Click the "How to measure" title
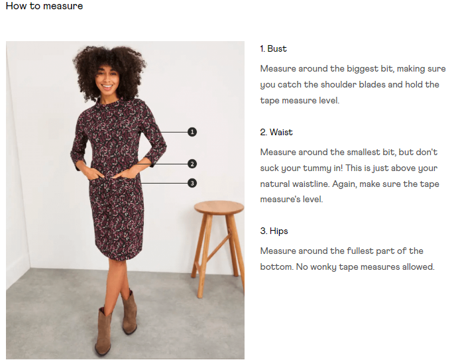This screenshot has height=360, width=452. tap(44, 6)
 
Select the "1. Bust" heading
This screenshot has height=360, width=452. tap(273, 48)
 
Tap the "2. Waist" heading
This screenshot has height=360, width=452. tap(276, 132)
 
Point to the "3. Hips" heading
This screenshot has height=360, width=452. tap(274, 231)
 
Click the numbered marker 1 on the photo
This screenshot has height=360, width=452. tap(192, 132)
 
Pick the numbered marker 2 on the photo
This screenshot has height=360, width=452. tap(192, 164)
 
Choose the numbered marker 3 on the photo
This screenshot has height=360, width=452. tap(192, 183)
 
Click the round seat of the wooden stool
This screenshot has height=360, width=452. tap(219, 207)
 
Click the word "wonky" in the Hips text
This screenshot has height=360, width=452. tap(323, 267)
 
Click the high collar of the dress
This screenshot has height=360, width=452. tap(109, 103)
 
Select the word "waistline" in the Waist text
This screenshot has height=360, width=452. tap(311, 184)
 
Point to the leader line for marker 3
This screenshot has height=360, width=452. tap(164, 183)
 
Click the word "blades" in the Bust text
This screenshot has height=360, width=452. tap(372, 84)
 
